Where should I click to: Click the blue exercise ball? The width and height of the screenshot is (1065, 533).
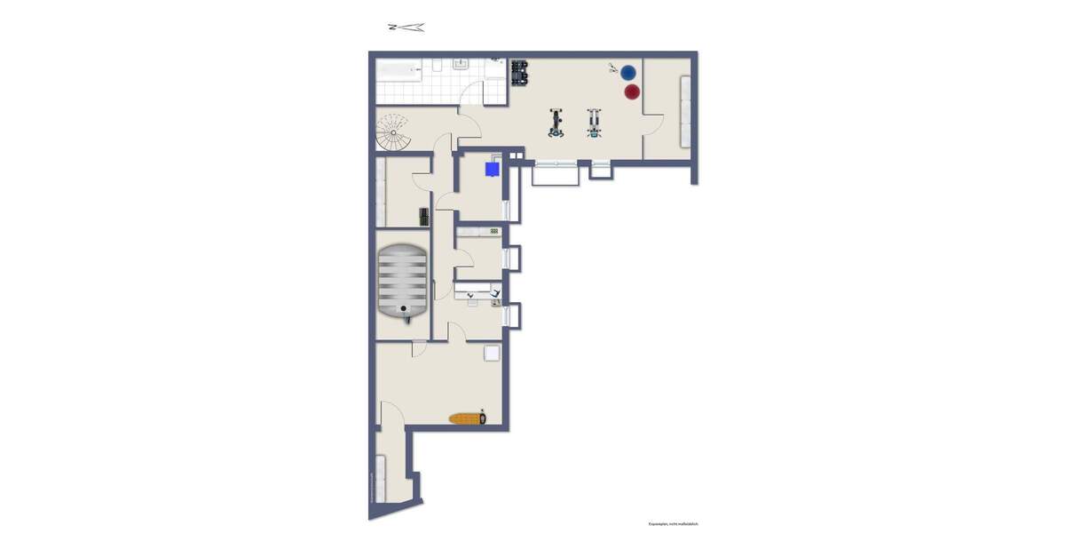point(628,72)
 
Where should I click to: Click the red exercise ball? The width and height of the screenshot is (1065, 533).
point(632,91)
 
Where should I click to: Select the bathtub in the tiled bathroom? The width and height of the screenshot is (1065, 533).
point(400,68)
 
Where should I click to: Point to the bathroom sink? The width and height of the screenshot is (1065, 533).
point(460,64)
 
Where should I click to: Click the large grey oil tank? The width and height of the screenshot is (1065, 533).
point(402,282)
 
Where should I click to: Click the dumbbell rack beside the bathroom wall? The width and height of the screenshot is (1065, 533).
point(520,72)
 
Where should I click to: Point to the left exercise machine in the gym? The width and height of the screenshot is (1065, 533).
point(556,123)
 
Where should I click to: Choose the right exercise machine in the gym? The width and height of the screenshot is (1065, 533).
point(594,123)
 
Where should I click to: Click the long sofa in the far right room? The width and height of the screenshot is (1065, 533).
point(684,112)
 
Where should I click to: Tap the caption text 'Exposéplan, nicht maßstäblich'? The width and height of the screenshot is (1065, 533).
point(673,524)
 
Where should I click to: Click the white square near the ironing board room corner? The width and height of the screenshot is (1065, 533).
point(492,353)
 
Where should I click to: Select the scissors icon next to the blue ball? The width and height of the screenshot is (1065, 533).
point(613,68)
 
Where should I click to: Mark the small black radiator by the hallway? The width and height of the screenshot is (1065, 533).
point(424,216)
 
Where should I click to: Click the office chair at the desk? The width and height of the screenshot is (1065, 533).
point(494,293)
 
